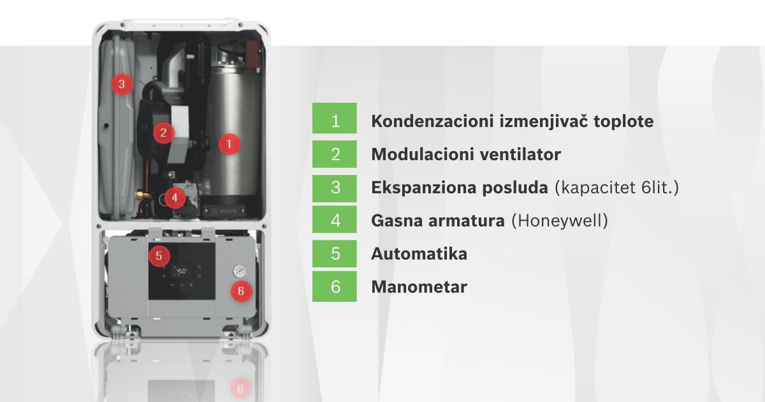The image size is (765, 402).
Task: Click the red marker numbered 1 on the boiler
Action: tap(229, 144)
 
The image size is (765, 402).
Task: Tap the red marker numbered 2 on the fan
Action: tap(164, 133)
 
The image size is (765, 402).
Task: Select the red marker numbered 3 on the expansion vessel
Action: tap(121, 84)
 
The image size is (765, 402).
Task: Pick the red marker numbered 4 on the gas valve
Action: tap(175, 198)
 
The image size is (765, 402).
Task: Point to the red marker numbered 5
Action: tap(159, 257)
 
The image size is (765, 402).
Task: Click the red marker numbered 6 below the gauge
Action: tap(240, 291)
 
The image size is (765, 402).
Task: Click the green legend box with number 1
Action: tap(335, 121)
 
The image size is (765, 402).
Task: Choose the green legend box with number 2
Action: tap(335, 154)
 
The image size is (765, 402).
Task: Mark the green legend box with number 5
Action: tap(335, 253)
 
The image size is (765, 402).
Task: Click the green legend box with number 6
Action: tap(335, 287)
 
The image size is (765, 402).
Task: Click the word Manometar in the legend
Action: tap(419, 287)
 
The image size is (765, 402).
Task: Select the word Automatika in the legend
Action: tap(419, 253)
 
